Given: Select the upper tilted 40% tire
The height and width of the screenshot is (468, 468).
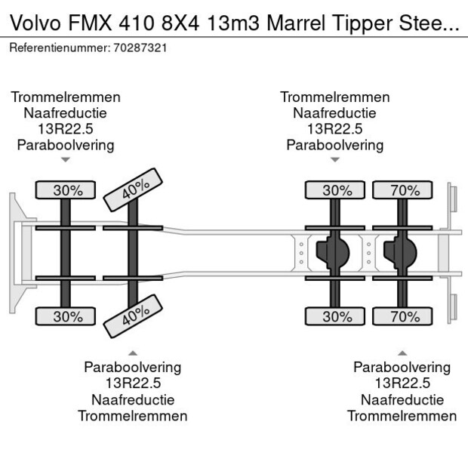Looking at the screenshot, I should [x=134, y=190].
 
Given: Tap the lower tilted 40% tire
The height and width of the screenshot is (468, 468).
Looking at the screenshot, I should [x=134, y=317].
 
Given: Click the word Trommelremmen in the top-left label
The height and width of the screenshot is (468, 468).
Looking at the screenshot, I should [x=66, y=97].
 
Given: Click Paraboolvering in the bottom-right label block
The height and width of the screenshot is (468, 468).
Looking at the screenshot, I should [x=402, y=368].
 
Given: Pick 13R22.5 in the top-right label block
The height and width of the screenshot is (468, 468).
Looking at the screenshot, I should [x=334, y=129].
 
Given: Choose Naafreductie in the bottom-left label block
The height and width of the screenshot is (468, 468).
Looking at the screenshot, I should [x=133, y=399].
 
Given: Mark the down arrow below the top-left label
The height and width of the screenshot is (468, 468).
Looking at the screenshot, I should [x=66, y=160].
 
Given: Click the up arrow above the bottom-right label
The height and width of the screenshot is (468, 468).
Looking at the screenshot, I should [x=402, y=353].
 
